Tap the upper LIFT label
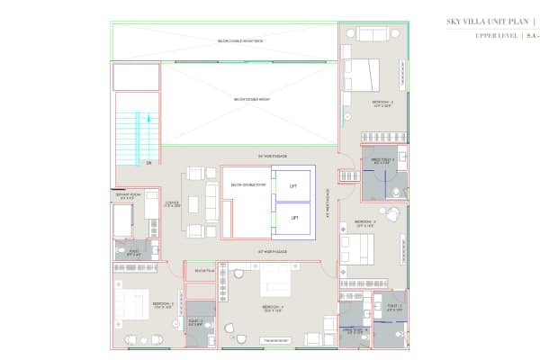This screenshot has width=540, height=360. [x=292, y=187]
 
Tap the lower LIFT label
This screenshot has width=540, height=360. [x=292, y=218]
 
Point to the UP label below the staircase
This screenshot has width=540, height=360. [x=148, y=164]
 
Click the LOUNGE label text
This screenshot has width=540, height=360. [x=174, y=204]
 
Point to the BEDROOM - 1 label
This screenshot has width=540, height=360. [x=163, y=305]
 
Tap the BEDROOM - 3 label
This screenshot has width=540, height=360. [x=364, y=221]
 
